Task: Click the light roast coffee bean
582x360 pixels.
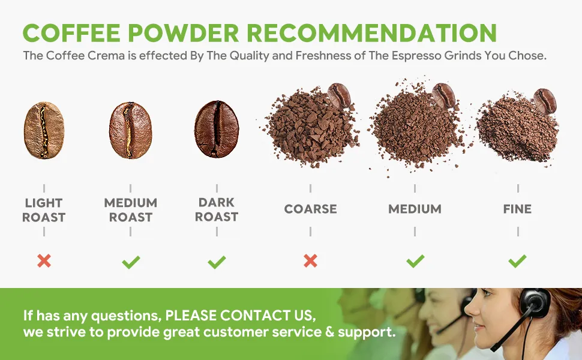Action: coord(44,130)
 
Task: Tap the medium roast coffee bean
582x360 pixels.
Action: coord(131,130)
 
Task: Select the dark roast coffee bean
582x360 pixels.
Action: coord(217,129)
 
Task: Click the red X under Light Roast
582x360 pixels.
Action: coord(44,261)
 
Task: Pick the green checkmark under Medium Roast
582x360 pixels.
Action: coord(131,262)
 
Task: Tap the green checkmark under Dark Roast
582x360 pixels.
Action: coord(217,262)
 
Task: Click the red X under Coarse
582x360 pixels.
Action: coord(310,261)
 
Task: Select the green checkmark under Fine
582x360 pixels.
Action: coord(517,261)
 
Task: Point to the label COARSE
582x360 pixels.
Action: coord(310,209)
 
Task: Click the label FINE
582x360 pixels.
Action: coord(517,209)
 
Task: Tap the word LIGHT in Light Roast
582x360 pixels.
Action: coord(44,203)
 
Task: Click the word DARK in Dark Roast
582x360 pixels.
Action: coord(217,202)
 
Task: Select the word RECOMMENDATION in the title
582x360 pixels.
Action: coord(371,32)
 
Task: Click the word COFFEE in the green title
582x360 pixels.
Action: coord(71,32)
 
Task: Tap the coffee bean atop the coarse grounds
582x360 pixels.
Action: coord(339,95)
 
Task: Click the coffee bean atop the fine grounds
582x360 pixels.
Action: coord(545,101)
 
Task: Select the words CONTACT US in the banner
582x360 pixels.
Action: coord(266,316)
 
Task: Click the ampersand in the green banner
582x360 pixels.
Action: coord(329,332)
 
